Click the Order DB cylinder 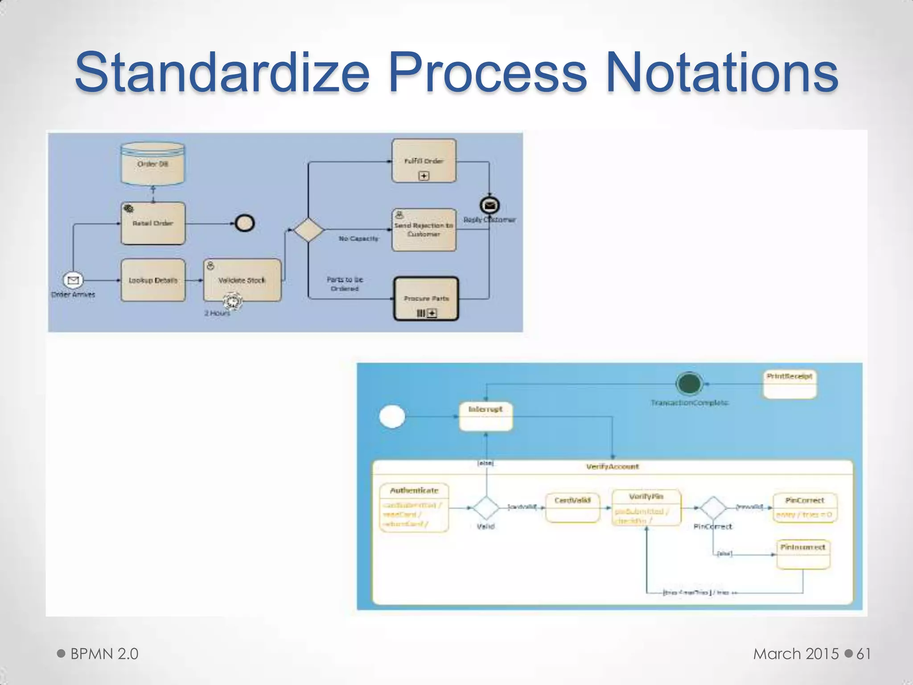152,164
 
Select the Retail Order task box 153,223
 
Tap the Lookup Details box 153,280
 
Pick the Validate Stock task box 242,280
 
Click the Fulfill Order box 424,161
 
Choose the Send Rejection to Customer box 424,230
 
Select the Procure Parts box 426,298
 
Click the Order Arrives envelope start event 73,280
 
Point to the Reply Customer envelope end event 489,205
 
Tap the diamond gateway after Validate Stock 308,230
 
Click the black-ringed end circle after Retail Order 245,223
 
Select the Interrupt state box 485,416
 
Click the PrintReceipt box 790,384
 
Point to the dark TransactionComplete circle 689,384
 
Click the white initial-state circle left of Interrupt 392,417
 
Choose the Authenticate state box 414,507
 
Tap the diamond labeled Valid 486,508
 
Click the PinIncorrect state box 803,554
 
